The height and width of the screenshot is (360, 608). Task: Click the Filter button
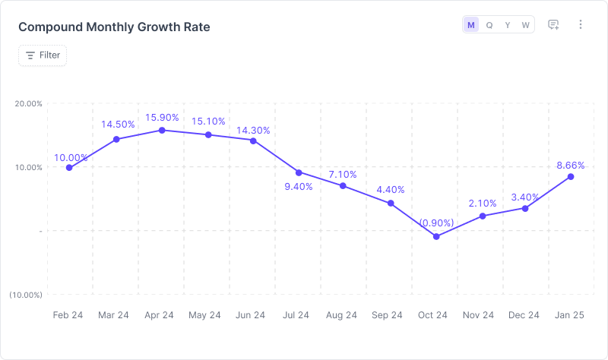point(43,55)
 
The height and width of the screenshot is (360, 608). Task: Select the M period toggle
point(471,25)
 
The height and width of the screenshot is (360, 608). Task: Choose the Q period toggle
point(489,25)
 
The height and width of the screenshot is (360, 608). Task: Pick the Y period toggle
point(508,25)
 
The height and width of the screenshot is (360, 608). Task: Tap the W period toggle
point(525,25)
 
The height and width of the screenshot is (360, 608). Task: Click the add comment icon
point(554,25)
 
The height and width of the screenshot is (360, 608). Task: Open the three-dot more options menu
point(581,25)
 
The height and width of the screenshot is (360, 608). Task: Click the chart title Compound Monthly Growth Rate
point(114,27)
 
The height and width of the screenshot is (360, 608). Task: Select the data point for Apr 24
point(162,131)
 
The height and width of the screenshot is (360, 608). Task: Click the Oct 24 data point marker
point(436,236)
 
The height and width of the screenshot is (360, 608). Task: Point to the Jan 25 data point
point(571,177)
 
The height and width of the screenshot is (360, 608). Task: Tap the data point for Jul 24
point(299,172)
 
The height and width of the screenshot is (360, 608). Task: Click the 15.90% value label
point(162,117)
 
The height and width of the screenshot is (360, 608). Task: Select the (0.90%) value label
point(436,223)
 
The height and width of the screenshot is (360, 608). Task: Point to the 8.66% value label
point(571,164)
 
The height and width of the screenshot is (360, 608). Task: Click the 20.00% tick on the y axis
point(28,104)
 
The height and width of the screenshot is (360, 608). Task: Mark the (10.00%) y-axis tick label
point(26,295)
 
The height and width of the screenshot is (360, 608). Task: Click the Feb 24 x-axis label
point(68,315)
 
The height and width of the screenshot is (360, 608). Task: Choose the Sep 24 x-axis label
point(388,315)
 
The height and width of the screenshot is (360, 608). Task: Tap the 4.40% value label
point(391,189)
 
